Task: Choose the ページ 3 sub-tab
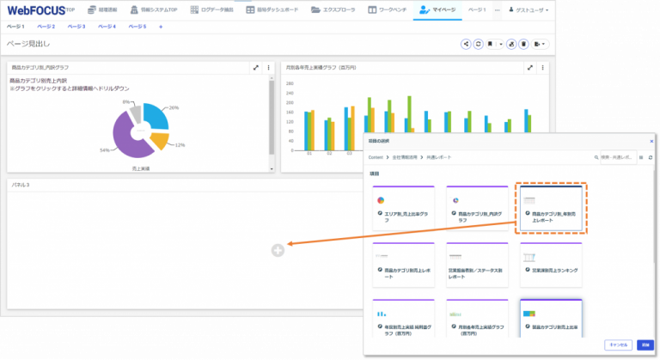(x=76, y=27)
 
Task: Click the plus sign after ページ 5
(x=161, y=27)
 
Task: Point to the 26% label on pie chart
(x=174, y=107)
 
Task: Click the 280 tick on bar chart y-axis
(x=290, y=84)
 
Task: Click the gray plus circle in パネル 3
(x=277, y=250)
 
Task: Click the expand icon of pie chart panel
(x=255, y=67)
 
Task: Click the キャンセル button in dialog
(x=617, y=344)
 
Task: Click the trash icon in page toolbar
(x=523, y=43)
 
